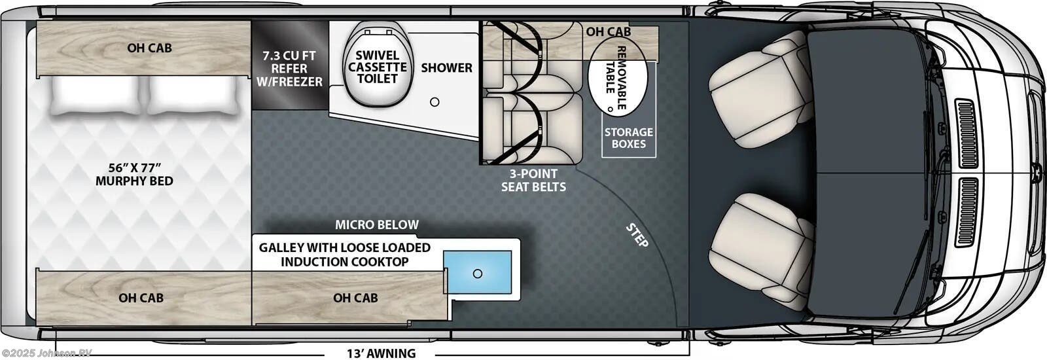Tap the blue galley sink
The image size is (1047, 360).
tap(478, 274)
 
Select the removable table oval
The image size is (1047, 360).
tap(618, 81)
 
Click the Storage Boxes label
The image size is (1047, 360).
tap(628, 138)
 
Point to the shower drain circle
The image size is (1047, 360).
tap(435, 101)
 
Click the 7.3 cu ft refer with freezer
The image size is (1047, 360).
tap(289, 67)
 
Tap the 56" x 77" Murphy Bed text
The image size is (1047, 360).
tap(134, 173)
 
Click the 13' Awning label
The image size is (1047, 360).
tap(381, 353)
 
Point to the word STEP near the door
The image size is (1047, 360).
tap(637, 236)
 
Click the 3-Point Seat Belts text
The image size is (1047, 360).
tap(533, 180)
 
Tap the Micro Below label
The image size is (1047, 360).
tap(377, 225)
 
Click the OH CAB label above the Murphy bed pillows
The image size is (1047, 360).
tap(149, 48)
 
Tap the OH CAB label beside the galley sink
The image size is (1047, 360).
tap(355, 298)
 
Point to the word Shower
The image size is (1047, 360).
tap(446, 67)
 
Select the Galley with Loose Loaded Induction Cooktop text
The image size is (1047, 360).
tap(345, 255)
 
